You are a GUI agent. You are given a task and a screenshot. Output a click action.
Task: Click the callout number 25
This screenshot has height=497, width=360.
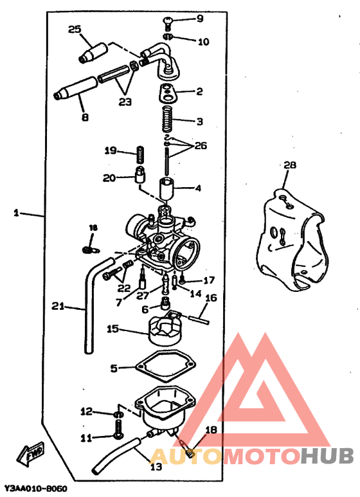point(75,29)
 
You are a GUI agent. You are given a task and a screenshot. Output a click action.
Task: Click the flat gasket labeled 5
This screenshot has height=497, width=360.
point(164,367)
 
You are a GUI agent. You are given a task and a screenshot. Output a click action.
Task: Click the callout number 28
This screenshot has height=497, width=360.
point(290,165)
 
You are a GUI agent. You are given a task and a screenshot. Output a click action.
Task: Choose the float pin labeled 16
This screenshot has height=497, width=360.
point(199,314)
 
